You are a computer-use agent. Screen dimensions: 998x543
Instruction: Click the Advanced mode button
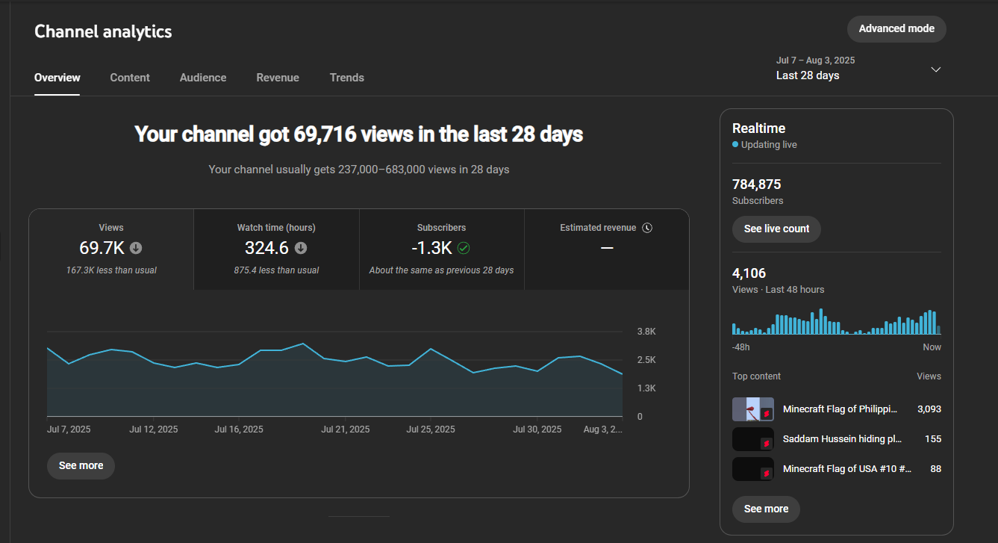click(x=896, y=29)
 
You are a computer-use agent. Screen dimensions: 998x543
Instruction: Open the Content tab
click(x=130, y=78)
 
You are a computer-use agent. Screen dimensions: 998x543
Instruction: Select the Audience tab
click(x=203, y=78)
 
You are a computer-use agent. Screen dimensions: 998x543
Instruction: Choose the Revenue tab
click(x=278, y=78)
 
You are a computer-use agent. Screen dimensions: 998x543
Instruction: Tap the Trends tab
click(x=346, y=78)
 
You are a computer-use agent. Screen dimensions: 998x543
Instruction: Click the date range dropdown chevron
click(x=936, y=69)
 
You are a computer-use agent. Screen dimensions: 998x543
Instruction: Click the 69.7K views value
click(x=102, y=248)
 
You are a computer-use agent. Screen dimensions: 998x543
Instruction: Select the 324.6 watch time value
click(x=266, y=248)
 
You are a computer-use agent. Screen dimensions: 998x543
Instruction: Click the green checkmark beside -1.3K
click(x=464, y=248)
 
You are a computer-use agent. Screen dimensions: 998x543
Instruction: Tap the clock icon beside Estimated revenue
click(x=647, y=228)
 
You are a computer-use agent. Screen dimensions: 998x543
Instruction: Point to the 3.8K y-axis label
click(x=646, y=331)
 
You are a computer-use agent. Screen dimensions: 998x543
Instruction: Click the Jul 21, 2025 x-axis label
click(x=346, y=429)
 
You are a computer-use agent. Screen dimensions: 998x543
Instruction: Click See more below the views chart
click(x=81, y=466)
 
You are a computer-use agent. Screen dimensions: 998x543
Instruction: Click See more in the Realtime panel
click(x=766, y=509)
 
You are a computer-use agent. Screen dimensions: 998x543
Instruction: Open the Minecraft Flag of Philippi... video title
click(x=840, y=409)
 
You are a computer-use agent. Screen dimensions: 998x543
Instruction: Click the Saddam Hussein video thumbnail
click(x=753, y=439)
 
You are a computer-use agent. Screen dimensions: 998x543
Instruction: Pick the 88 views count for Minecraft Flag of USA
click(x=935, y=469)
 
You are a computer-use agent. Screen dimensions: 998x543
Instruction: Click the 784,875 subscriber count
click(x=756, y=184)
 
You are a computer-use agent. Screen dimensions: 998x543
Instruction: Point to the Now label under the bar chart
click(x=932, y=347)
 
